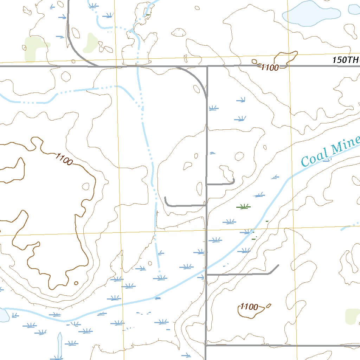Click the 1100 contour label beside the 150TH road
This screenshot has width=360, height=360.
(270, 67)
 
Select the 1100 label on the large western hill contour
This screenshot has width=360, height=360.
(64, 159)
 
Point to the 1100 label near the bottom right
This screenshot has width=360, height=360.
(249, 307)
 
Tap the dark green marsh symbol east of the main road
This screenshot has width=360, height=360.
(243, 207)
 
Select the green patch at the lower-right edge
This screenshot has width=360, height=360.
(352, 316)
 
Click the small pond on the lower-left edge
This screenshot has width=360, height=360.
(4, 315)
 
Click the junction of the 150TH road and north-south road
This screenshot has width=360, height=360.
(207, 66)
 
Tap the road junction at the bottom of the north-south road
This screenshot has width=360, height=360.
(206, 346)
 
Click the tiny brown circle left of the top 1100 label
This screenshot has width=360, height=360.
(254, 62)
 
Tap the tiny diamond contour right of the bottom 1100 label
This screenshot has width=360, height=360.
(269, 306)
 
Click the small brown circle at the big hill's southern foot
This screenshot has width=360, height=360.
(76, 283)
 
